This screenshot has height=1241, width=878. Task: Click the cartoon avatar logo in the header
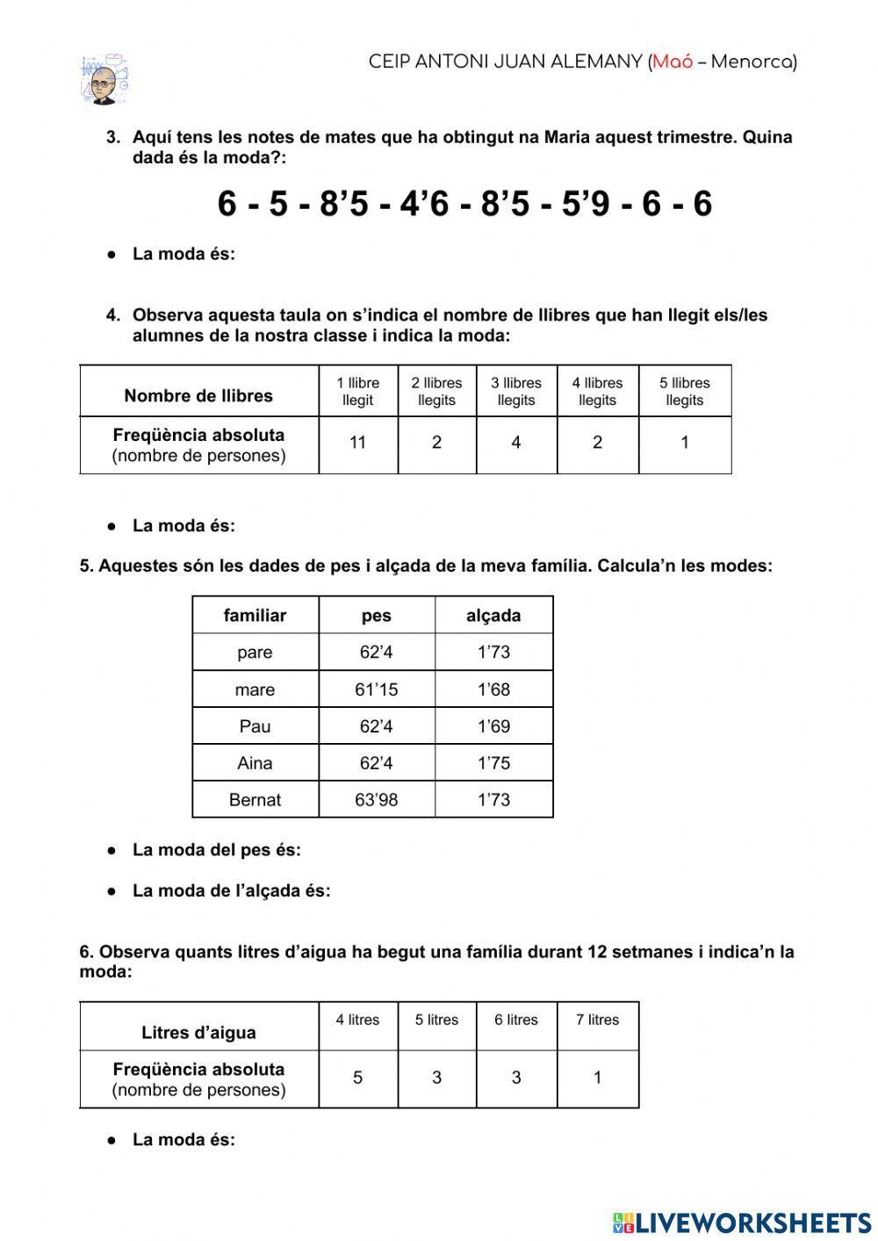[104, 79]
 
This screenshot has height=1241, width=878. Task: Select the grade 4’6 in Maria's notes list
[424, 205]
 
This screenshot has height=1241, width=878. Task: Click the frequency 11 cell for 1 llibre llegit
[357, 443]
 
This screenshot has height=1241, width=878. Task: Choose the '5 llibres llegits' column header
[685, 392]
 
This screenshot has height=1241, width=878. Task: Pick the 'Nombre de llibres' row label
[198, 395]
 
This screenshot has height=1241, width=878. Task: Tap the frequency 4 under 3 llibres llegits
[516, 443]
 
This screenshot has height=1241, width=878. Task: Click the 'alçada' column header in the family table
[493, 616]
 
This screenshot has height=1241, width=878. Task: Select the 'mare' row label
[255, 689]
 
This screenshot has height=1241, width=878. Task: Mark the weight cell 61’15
[376, 689]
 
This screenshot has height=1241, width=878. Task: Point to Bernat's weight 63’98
[376, 800]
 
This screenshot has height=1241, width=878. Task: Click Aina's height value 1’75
[493, 763]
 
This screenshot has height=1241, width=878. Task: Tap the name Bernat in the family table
[255, 800]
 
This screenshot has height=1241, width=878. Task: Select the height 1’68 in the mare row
[493, 689]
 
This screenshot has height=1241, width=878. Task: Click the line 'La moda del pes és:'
[216, 850]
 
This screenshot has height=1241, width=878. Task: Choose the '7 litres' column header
[597, 1020]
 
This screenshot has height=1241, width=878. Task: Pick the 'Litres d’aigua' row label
[198, 1033]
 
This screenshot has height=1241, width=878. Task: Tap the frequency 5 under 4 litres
[357, 1078]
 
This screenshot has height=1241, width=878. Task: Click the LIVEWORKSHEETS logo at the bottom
[742, 1222]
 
